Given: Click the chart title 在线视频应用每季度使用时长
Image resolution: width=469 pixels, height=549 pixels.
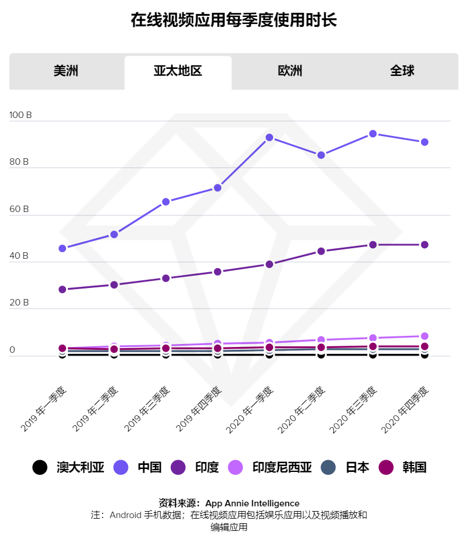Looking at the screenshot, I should point(234,20).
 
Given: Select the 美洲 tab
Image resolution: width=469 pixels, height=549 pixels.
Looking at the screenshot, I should point(65,71).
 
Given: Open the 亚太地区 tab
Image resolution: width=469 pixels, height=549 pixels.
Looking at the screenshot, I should point(178,71).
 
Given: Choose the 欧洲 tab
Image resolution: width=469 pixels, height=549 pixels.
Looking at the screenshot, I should point(290,71).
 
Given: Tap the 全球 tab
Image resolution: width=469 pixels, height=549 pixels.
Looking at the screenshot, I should point(402,71).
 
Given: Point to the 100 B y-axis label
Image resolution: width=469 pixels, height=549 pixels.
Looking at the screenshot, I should point(21,115).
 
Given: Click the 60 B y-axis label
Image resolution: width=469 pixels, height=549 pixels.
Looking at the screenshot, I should point(19,209).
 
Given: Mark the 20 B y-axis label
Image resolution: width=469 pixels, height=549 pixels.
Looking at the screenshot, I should point(19,303).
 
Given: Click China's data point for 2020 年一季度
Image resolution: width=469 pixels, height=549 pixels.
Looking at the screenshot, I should point(269,138).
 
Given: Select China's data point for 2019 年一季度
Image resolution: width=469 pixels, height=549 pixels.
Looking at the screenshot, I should point(63,248).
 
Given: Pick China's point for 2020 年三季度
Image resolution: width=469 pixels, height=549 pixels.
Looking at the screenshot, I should point(373,134).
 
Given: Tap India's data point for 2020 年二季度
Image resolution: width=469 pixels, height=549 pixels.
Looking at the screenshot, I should point(321,251).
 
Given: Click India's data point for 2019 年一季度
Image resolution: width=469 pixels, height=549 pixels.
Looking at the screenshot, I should point(63,289).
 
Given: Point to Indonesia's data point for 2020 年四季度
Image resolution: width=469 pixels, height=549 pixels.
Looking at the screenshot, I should point(425,336).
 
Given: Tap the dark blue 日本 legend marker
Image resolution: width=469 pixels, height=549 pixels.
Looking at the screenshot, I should point(330,467).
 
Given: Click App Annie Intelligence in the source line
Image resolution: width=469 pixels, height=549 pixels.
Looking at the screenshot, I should point(252,503).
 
